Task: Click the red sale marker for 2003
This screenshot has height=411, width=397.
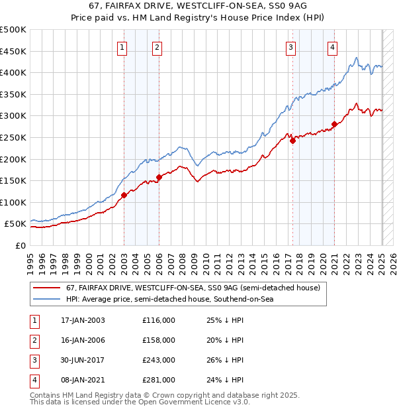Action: [124, 195]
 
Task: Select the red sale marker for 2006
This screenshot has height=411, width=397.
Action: [159, 177]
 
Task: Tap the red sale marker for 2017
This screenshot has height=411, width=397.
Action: [292, 141]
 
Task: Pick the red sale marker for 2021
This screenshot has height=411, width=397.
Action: [334, 124]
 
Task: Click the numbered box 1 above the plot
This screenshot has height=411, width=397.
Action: [123, 46]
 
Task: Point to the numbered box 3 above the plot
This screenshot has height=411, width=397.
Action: [290, 46]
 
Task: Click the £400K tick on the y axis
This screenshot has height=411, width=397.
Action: [13, 72]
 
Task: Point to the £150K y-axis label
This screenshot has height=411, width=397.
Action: [13, 180]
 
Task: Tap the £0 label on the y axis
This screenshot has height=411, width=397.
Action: [20, 245]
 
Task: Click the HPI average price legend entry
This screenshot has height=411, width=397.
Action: [169, 300]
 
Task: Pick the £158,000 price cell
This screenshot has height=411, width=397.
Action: [159, 340]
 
